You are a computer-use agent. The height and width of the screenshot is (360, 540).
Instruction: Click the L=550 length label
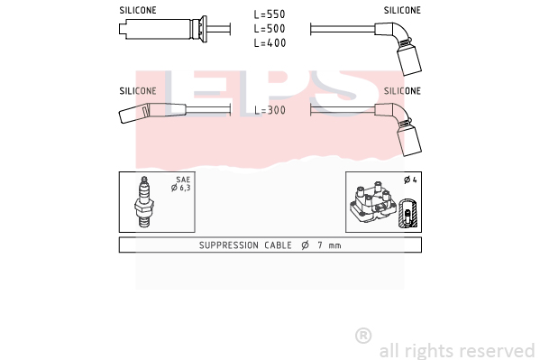coord(270,14)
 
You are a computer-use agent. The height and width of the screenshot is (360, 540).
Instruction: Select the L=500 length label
coord(270,29)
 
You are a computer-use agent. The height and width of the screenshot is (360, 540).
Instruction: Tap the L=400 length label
coord(270,42)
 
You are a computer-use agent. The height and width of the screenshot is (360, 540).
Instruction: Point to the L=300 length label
coord(270,110)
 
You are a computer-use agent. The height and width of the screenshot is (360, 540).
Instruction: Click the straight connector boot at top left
coord(163,29)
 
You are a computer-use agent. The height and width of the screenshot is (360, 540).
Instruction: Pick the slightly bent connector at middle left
coord(152,112)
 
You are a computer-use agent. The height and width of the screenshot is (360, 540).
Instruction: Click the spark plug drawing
coord(144,202)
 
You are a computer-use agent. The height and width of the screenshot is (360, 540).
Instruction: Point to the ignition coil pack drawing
coord(372,203)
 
